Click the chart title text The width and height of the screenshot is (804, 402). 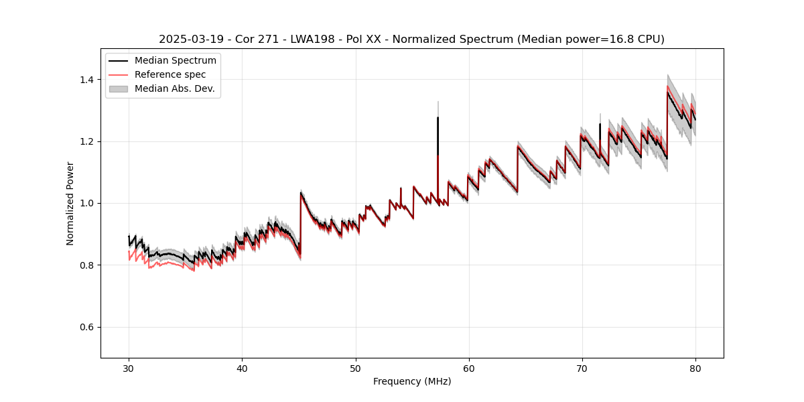tap(411, 40)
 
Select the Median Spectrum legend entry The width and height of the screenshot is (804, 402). tap(175, 61)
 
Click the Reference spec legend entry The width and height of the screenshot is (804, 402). tap(170, 74)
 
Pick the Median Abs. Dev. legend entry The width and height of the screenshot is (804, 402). tap(174, 88)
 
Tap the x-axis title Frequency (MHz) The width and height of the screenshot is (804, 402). tap(412, 381)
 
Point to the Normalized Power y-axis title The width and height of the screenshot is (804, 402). tap(70, 203)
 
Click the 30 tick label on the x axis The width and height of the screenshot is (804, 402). tap(129, 368)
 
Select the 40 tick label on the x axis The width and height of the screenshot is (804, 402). tap(242, 368)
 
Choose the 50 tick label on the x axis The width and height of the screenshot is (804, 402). tap(355, 368)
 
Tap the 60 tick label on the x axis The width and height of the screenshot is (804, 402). tap(468, 368)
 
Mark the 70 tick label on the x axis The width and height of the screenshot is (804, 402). tap(582, 368)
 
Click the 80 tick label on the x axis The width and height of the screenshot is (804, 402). tap(695, 368)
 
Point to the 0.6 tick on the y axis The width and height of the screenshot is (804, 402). tap(88, 327)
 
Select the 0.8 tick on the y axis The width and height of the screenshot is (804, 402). tap(88, 265)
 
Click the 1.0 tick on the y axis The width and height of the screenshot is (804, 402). tap(88, 203)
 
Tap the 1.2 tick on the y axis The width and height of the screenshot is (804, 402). tap(88, 141)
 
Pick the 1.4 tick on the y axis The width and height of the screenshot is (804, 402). tap(88, 80)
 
